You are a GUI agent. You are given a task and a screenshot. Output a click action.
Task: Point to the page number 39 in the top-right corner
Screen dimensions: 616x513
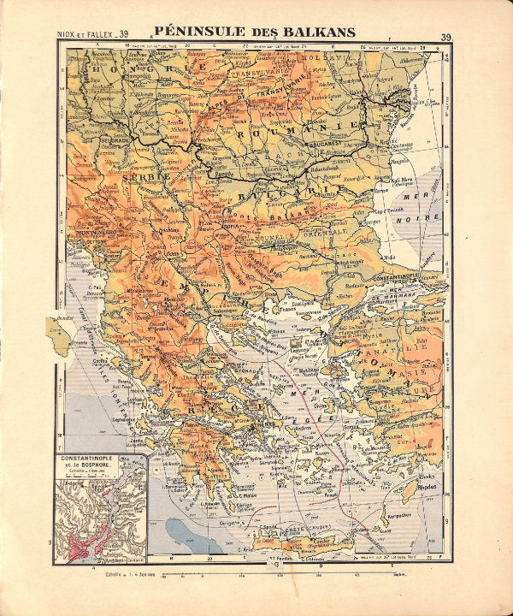(x=446, y=37)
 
